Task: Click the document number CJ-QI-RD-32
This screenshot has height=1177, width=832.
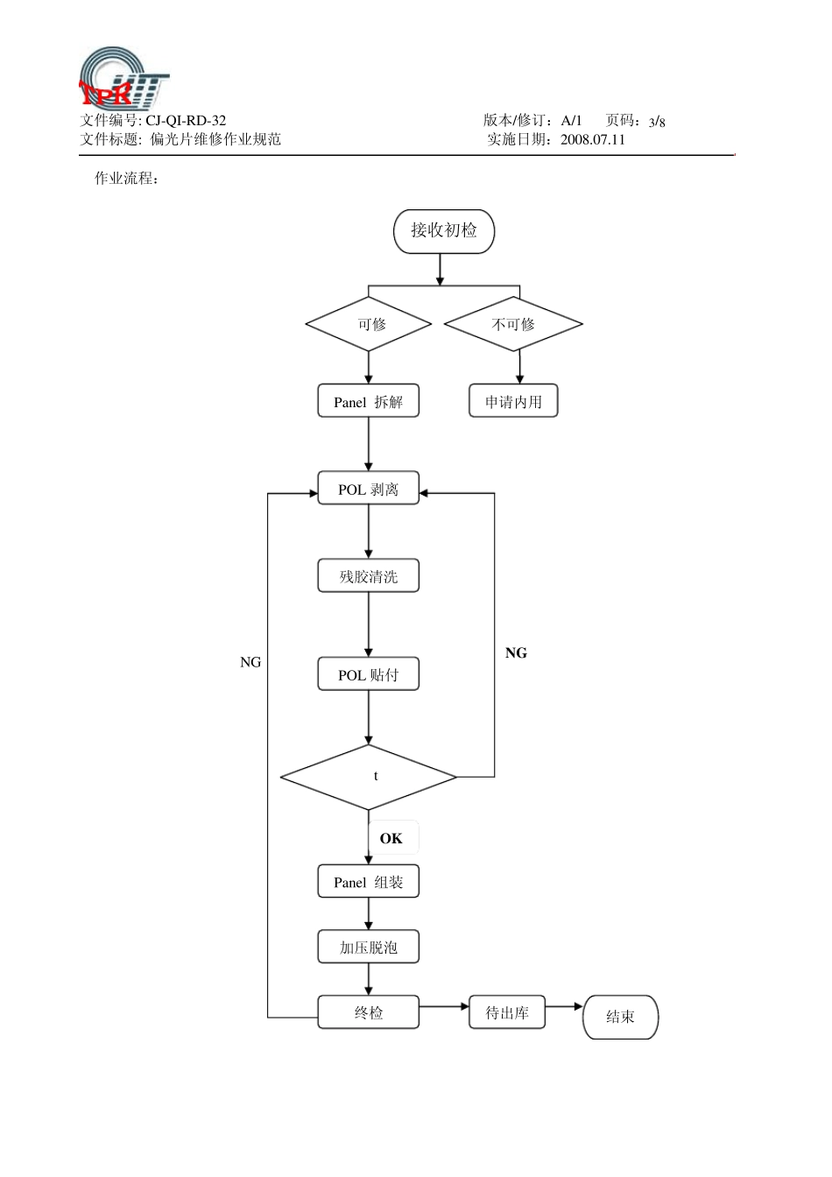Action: coord(185,121)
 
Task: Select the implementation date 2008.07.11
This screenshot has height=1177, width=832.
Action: coord(593,140)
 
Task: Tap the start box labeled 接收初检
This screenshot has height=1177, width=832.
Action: coord(444,231)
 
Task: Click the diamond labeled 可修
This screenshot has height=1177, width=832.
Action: coord(369,324)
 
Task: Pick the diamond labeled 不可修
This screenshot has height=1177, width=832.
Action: coord(513,324)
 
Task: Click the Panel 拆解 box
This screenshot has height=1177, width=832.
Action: coord(368,402)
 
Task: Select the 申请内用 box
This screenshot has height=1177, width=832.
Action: coord(513,402)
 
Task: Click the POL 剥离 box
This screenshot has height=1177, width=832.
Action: coord(368,490)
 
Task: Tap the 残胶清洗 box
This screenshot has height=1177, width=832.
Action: coord(368,576)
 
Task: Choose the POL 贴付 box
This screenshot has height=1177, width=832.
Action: coord(368,674)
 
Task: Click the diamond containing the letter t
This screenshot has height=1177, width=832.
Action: coord(369,777)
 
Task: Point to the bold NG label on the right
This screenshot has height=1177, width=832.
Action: coord(516,653)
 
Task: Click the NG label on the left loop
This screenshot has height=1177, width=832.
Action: coord(250,663)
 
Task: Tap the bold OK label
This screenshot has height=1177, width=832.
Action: coord(391,839)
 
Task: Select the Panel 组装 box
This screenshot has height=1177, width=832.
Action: coord(368,882)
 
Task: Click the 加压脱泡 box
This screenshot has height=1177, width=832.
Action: coord(368,948)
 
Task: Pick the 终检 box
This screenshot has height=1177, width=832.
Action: coord(368,1012)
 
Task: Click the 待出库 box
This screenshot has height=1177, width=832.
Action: coord(507,1012)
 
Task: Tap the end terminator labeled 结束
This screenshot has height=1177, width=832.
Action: coord(620,1017)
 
